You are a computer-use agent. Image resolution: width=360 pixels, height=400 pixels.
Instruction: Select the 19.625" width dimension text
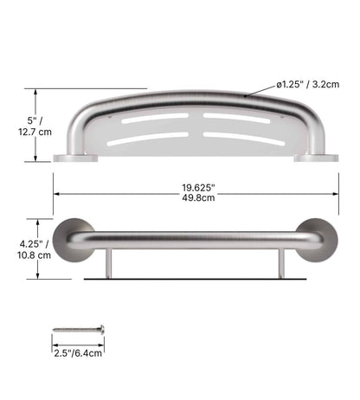click(198, 186)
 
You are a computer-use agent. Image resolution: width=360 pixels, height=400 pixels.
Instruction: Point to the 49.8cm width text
click(198, 197)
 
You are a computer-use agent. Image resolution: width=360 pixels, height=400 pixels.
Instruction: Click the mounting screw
click(78, 330)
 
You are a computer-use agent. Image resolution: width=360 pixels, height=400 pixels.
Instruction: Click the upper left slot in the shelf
click(152, 119)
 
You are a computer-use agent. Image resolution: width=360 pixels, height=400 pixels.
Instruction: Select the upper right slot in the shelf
click(235, 117)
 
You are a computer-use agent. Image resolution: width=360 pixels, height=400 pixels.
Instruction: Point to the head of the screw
click(100, 330)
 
